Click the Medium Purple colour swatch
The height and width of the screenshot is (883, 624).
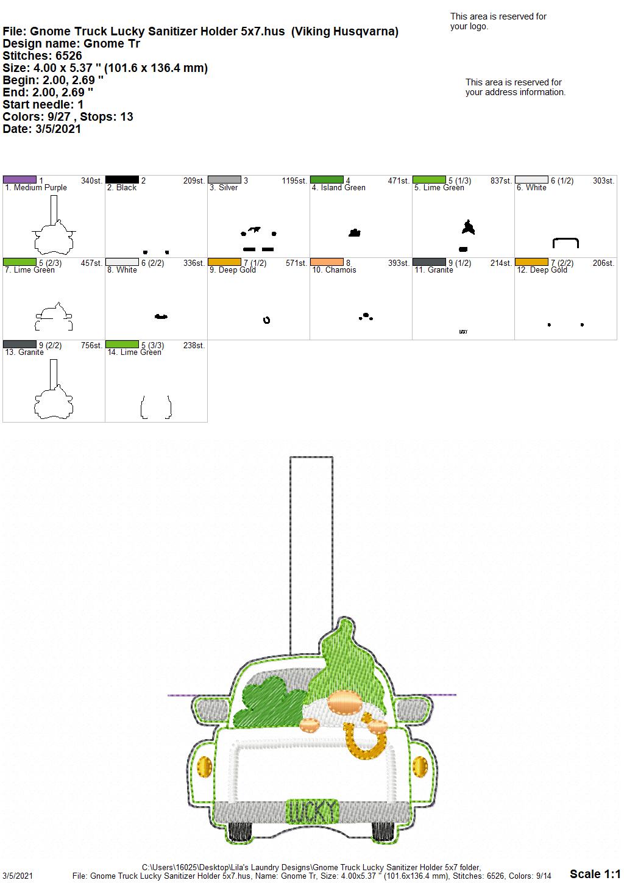19,180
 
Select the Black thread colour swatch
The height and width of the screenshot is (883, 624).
122,180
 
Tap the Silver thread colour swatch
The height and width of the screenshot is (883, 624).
224,180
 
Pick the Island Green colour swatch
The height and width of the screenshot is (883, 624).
327,180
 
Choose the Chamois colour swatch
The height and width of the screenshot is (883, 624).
327,262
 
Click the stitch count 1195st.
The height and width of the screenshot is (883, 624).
294,181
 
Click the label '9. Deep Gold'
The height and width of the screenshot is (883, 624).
232,270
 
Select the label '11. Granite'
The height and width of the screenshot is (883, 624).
434,270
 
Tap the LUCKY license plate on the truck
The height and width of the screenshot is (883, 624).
312,812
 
